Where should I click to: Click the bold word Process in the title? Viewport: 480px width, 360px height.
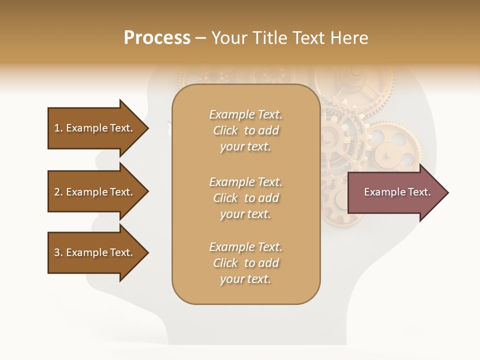pyautogui.click(x=157, y=38)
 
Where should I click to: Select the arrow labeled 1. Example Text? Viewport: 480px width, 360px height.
pyautogui.click(x=95, y=128)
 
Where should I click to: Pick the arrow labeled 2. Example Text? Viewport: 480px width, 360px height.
pyautogui.click(x=95, y=192)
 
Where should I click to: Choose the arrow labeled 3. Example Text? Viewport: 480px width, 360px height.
pyautogui.click(x=95, y=252)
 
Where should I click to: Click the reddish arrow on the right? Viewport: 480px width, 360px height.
pyautogui.click(x=395, y=192)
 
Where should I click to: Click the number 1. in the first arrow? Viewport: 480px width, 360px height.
pyautogui.click(x=58, y=128)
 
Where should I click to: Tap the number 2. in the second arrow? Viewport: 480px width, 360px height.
pyautogui.click(x=58, y=192)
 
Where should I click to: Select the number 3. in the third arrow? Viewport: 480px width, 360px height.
pyautogui.click(x=58, y=252)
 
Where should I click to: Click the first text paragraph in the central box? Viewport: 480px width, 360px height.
pyautogui.click(x=245, y=130)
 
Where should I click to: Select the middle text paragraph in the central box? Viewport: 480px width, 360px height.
pyautogui.click(x=245, y=198)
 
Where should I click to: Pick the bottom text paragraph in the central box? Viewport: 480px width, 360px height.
pyautogui.click(x=245, y=263)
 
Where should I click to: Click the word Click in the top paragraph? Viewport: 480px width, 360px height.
pyautogui.click(x=225, y=130)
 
